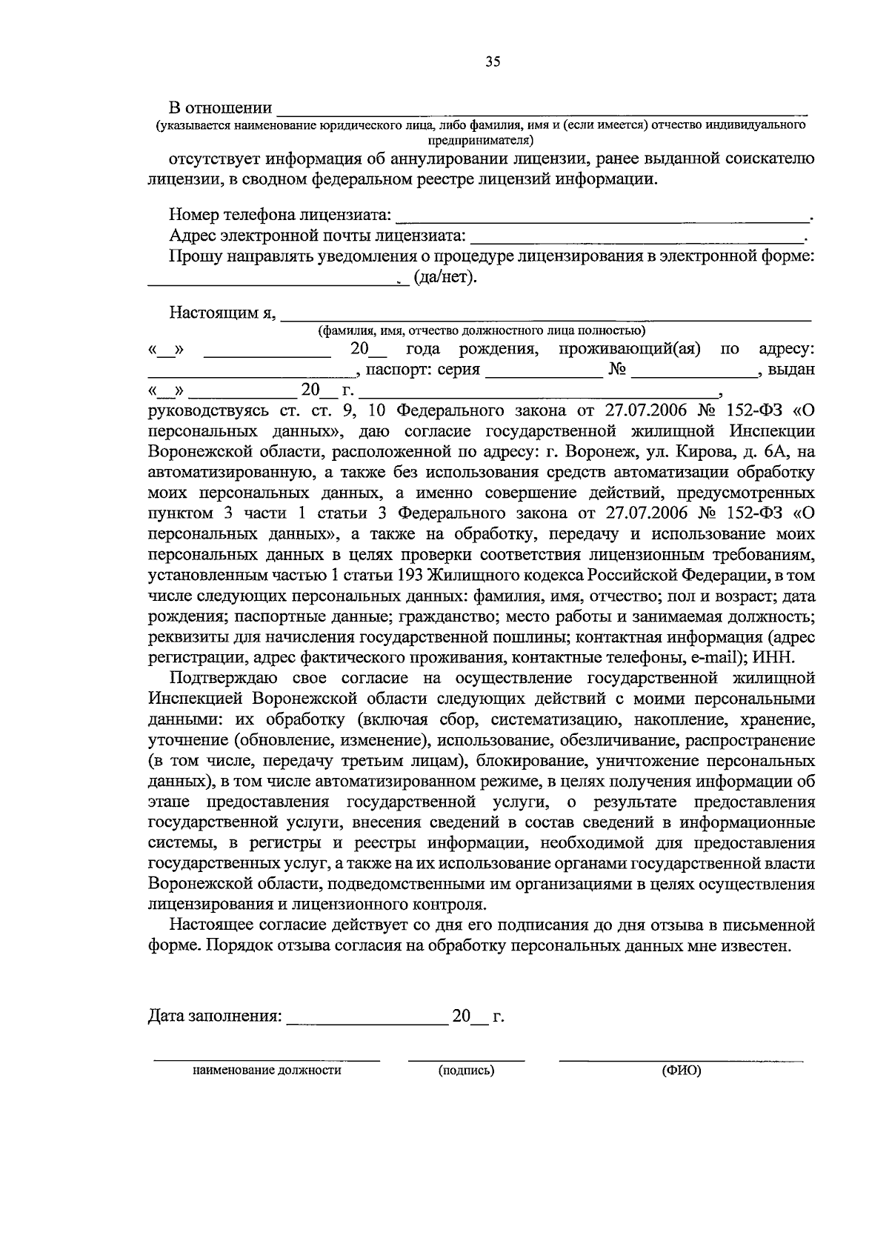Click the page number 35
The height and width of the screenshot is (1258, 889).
(493, 62)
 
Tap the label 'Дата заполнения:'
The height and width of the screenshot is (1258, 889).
(215, 1016)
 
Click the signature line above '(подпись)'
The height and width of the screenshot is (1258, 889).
(466, 1060)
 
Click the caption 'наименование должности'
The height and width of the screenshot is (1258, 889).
(267, 1070)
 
